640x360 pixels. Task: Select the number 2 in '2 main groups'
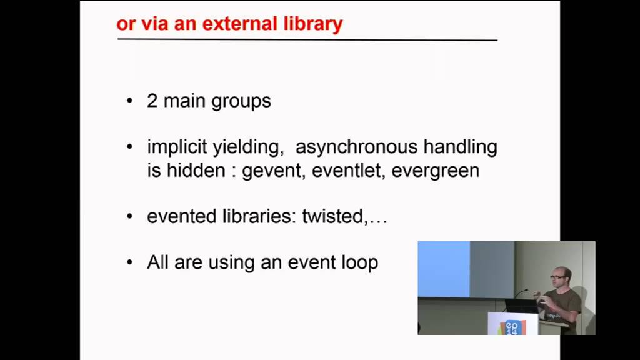[x=152, y=101]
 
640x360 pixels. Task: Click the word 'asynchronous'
[x=357, y=147]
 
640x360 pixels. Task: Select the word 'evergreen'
[x=435, y=171]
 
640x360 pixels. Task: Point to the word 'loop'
[x=359, y=262]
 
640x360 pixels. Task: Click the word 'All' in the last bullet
[x=157, y=262]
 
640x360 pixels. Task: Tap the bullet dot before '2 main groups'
[x=130, y=101]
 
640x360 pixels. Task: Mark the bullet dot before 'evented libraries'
[x=130, y=216]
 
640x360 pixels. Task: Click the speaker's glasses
[x=557, y=277]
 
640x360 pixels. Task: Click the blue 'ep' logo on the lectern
[x=512, y=327]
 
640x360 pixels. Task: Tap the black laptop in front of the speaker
[x=522, y=306]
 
